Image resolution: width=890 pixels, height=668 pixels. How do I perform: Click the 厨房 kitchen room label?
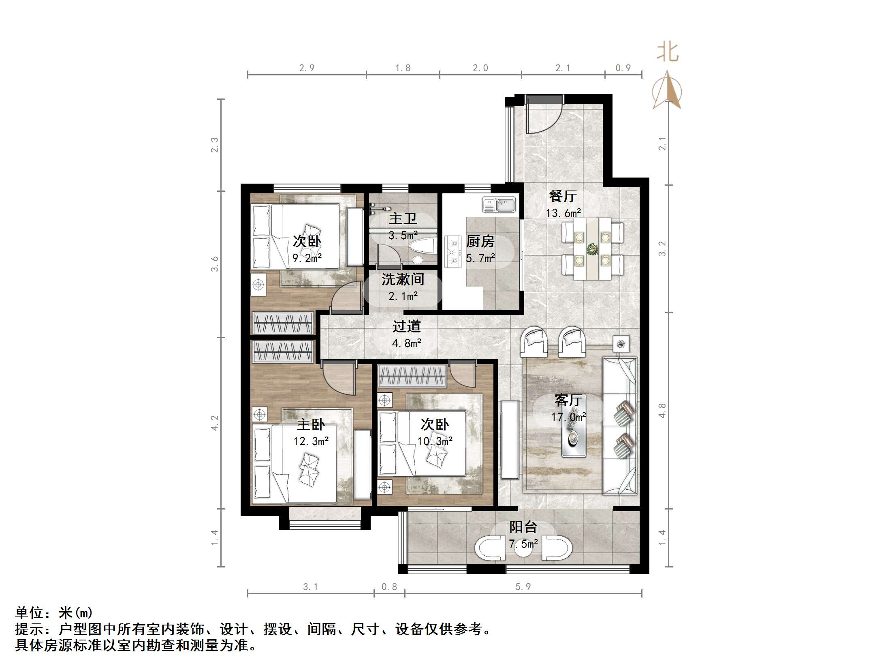(x=480, y=242)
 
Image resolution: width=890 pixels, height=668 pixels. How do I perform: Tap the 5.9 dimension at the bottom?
(x=523, y=587)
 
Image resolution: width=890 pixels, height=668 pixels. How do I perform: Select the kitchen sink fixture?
(x=499, y=205)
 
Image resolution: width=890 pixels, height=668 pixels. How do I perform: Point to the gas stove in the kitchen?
(x=453, y=252)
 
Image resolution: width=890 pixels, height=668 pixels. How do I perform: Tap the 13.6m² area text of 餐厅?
(x=563, y=213)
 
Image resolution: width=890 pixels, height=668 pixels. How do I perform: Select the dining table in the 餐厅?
(x=592, y=248)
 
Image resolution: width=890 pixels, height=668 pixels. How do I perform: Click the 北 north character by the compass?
(x=667, y=53)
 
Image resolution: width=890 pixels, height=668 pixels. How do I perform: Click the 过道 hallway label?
(x=406, y=326)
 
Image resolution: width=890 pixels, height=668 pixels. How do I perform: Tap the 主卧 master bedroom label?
(x=311, y=424)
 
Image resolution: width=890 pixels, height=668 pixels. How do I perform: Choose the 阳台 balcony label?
(x=523, y=527)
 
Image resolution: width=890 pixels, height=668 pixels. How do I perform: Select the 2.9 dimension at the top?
(x=307, y=68)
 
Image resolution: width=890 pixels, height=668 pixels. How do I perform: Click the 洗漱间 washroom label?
(x=403, y=279)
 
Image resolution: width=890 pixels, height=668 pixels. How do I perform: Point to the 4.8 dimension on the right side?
(x=662, y=410)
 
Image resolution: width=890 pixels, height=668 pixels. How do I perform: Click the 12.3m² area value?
(x=311, y=441)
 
